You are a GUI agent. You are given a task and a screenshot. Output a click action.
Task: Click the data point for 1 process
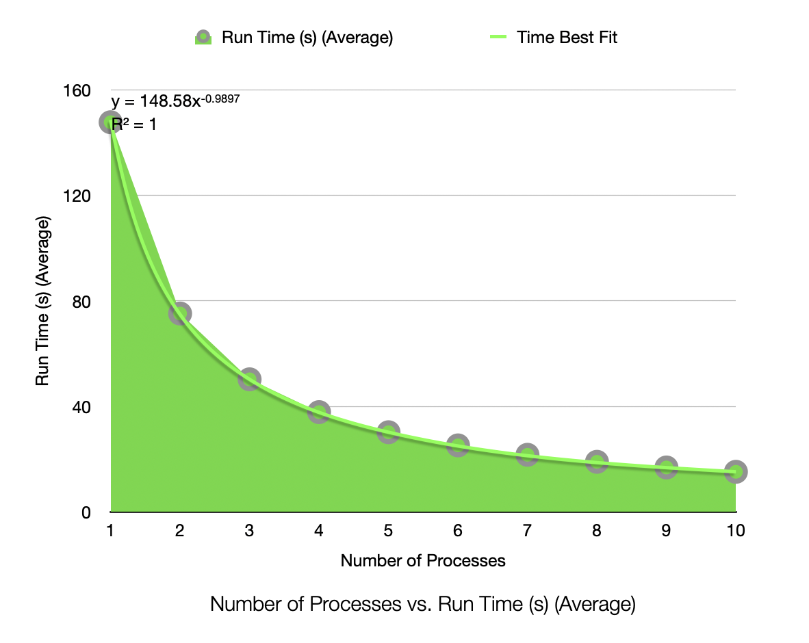click(x=110, y=122)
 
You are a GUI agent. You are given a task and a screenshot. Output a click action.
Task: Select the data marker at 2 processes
click(x=180, y=313)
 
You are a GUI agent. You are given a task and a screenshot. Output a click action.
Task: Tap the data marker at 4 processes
click(x=319, y=412)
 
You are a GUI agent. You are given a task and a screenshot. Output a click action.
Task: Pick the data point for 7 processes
click(x=527, y=454)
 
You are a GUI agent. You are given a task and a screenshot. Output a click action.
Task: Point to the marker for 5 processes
click(x=388, y=432)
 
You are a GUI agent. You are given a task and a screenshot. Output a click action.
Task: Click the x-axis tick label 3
click(x=249, y=531)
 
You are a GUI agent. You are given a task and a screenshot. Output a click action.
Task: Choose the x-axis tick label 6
click(x=457, y=531)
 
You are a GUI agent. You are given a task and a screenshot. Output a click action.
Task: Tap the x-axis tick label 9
click(x=666, y=531)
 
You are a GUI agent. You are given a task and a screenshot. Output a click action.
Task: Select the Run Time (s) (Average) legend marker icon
click(x=203, y=38)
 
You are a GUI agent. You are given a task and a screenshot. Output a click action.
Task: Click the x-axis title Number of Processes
click(x=423, y=561)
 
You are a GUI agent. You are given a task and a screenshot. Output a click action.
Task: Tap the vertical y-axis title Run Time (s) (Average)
click(x=42, y=301)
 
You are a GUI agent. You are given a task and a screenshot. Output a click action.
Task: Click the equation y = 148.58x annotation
click(x=175, y=101)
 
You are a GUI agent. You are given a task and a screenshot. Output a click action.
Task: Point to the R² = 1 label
click(x=134, y=124)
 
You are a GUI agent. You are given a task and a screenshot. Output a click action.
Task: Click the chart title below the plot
click(x=423, y=605)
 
